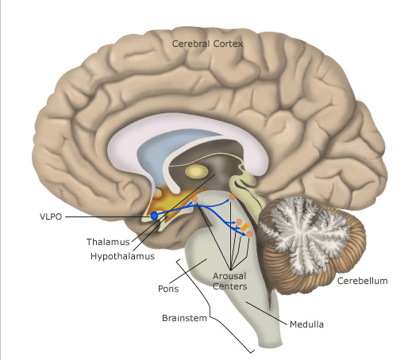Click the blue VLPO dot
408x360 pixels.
point(154,216)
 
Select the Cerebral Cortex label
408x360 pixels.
point(207,44)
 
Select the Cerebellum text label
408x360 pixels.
point(362,281)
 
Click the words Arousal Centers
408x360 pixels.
point(230,281)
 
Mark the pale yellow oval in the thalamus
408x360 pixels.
point(194,171)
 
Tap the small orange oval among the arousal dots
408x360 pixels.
point(245,228)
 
